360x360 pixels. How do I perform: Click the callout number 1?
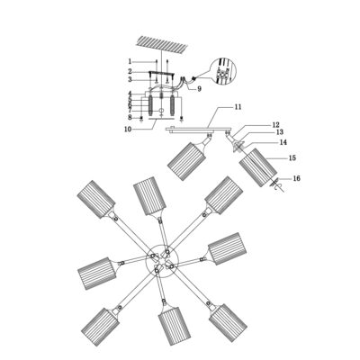130,61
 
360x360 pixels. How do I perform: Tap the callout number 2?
130,71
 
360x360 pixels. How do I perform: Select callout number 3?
130,79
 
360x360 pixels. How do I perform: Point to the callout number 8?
130,117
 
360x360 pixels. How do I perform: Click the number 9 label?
199,89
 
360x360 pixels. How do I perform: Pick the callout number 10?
128,130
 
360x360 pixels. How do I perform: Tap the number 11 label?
238,107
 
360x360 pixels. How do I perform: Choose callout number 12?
275,124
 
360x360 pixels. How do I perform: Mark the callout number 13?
279,132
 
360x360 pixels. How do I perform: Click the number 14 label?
283,142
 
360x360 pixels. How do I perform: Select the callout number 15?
292,157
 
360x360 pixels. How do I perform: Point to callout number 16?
296,178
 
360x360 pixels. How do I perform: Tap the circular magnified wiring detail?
223,71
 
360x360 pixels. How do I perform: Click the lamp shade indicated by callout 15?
258,167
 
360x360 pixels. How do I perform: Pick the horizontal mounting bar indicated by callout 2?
162,72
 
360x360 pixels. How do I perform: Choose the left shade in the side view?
186,161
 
